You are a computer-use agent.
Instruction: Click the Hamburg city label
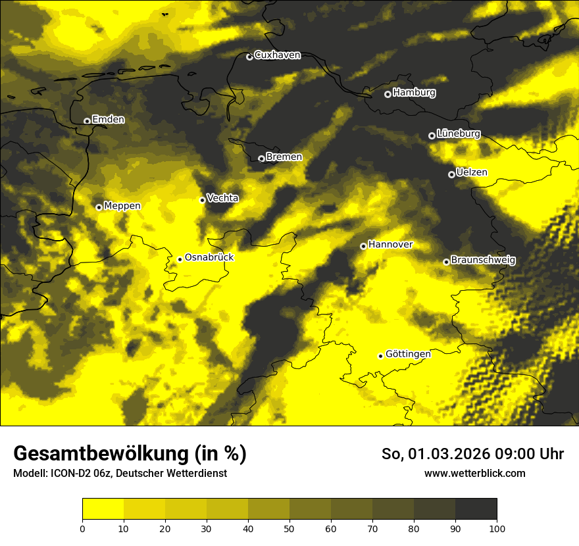(414, 93)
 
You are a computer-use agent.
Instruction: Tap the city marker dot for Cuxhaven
(249, 57)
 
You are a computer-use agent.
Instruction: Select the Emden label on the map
(108, 119)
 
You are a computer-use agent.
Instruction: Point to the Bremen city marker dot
(261, 159)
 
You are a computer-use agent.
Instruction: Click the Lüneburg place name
(458, 134)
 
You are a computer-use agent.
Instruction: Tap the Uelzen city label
(472, 172)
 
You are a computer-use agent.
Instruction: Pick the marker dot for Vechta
(202, 200)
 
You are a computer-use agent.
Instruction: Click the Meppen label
(122, 206)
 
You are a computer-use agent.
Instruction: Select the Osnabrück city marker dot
(180, 259)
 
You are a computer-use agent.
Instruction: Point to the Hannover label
(390, 244)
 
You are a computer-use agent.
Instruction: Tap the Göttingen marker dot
(380, 356)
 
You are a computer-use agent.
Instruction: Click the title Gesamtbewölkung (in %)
(130, 454)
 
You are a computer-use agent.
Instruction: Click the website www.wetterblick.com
(474, 473)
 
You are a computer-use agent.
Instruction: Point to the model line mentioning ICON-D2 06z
(120, 473)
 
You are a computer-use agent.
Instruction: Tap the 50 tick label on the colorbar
(289, 528)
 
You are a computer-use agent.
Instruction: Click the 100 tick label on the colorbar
(497, 528)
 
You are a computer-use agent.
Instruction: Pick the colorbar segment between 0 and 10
(103, 509)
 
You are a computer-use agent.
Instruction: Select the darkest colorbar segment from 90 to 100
(476, 509)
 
